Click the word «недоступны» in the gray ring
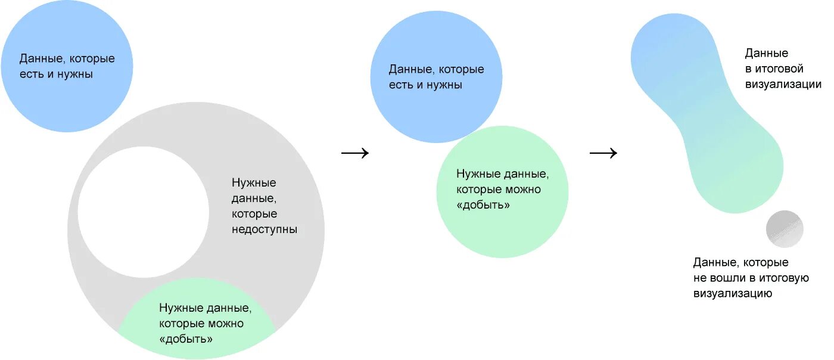click(x=264, y=229)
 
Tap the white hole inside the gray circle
click(x=144, y=212)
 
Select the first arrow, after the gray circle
click(x=355, y=153)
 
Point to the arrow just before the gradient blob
click(x=603, y=153)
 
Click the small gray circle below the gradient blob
click(x=785, y=229)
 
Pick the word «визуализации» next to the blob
click(x=783, y=85)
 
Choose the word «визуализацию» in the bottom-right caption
click(x=733, y=293)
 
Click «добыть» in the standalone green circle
click(x=484, y=205)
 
